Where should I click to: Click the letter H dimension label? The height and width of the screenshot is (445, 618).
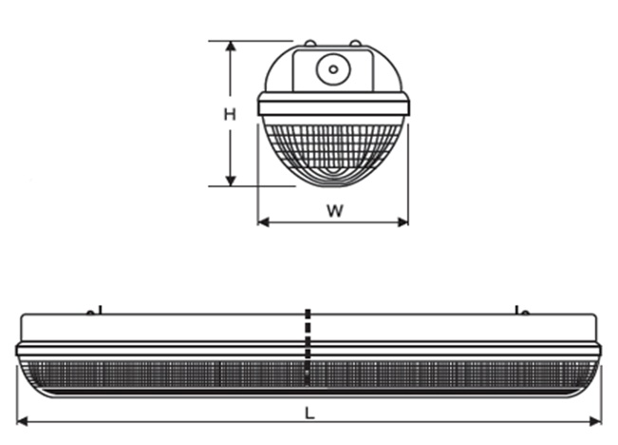230,115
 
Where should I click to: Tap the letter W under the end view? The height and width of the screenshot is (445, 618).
334,211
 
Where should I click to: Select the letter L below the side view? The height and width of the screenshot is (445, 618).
309,413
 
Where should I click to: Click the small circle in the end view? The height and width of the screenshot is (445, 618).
333,68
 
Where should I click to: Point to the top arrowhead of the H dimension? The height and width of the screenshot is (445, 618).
230,46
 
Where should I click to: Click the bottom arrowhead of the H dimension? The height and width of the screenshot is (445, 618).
230,181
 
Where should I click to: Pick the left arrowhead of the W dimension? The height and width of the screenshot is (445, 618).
263,222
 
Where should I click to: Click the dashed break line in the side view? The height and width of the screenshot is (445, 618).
307,347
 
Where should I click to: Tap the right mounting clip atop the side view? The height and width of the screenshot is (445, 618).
519,310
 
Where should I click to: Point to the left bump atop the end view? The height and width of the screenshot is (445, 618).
309,43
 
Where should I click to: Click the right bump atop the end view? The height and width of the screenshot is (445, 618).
355,43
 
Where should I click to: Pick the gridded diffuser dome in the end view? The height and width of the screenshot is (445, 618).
333,147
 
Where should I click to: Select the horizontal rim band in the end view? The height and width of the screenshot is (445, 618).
333,105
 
